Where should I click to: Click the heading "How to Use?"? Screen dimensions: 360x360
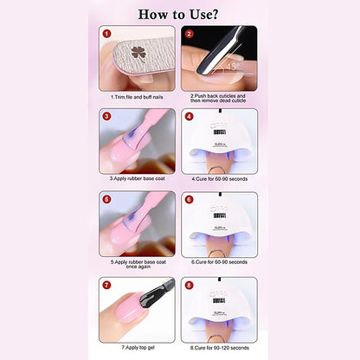point(180,14)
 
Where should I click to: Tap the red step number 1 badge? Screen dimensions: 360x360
point(108,35)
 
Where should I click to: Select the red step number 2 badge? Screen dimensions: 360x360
point(190,35)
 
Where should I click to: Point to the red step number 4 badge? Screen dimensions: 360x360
point(190,116)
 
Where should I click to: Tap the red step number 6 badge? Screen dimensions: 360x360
point(190,198)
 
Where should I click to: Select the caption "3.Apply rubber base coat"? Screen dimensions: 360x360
point(139,178)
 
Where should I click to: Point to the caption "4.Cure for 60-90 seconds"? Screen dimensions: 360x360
point(220,178)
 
